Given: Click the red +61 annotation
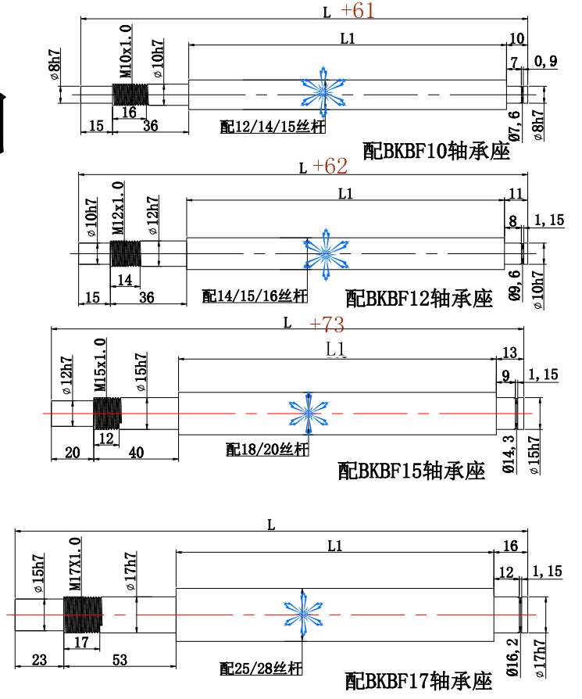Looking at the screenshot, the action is pyautogui.click(x=358, y=11).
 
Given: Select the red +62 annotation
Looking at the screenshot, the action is pyautogui.click(x=330, y=167).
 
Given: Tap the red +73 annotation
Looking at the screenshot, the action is pyautogui.click(x=327, y=324).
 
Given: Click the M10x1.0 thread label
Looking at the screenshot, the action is pyautogui.click(x=125, y=51).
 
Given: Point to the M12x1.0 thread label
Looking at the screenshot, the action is pyautogui.click(x=117, y=209).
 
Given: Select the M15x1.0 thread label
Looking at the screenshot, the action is pyautogui.click(x=100, y=366).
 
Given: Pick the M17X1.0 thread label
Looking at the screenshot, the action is pyautogui.click(x=75, y=564).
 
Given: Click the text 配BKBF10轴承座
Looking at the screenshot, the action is pyautogui.click(x=437, y=151).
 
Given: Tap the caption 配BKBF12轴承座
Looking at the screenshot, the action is pyautogui.click(x=420, y=298).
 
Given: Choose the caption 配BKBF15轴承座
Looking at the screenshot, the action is pyautogui.click(x=411, y=471).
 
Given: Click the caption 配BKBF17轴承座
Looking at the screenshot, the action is pyautogui.click(x=419, y=680).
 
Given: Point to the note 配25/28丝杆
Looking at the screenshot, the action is pyautogui.click(x=260, y=669).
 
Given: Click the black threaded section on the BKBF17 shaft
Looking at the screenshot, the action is pyautogui.click(x=82, y=613).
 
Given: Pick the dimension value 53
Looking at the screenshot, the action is pyautogui.click(x=120, y=661).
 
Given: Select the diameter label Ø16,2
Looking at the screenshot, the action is pyautogui.click(x=512, y=652).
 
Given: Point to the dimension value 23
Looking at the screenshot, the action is pyautogui.click(x=37, y=661).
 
